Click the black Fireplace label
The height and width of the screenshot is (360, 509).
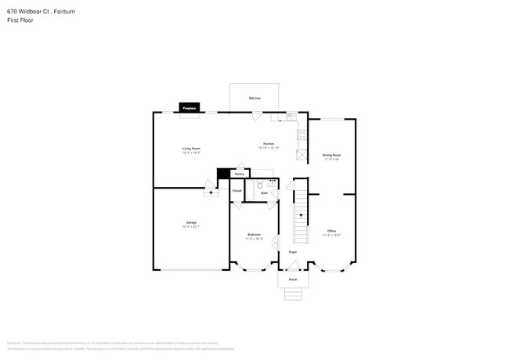coord(190,108)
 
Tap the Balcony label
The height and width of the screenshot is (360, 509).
coord(254,98)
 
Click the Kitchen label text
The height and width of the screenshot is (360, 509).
coord(269,144)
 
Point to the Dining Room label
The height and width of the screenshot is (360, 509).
coord(331,155)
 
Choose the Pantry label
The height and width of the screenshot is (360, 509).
coord(240,174)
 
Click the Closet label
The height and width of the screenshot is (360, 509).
coord(236,191)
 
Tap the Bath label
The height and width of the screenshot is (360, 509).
coord(265,193)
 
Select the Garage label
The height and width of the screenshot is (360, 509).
coord(191,222)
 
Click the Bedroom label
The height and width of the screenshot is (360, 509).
coord(254,234)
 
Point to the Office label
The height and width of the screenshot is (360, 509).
coord(331,231)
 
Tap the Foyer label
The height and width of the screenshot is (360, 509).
coord(292,253)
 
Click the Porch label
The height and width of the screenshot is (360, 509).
coord(293,279)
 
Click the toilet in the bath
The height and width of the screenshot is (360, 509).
coord(260,185)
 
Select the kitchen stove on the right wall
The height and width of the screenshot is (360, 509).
coord(301,135)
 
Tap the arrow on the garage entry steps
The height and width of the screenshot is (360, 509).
coord(211,190)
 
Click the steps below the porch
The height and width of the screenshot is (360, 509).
coord(293,294)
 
